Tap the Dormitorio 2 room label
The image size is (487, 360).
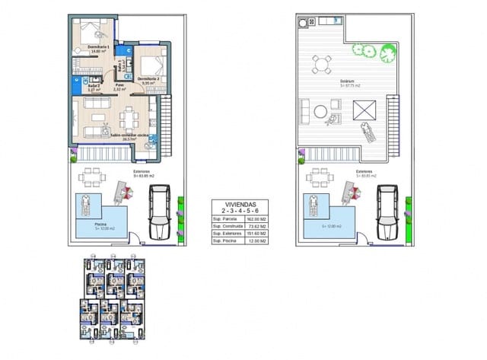point(148,78)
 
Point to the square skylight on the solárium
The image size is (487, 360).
point(364,107)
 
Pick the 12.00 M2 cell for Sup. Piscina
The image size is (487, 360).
point(256,241)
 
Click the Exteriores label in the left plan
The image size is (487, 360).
point(141,173)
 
